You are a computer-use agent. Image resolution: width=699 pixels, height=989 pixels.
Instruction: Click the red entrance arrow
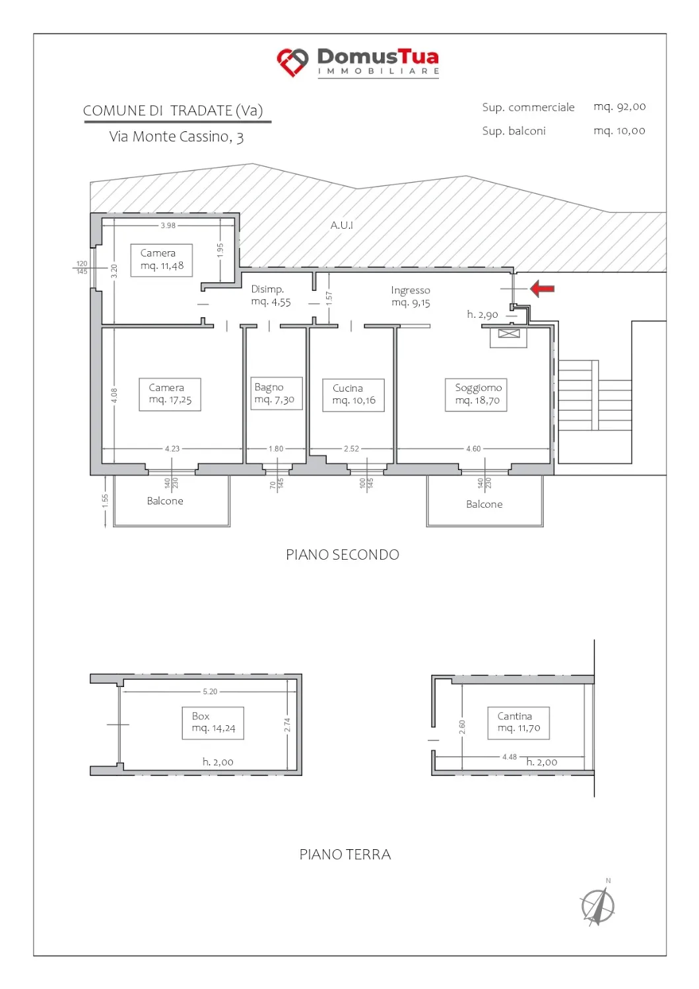tap(542, 289)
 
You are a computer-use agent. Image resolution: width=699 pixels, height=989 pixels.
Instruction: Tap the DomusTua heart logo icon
tap(292, 62)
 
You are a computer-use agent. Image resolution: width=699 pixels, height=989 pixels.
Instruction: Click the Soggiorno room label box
tap(476, 395)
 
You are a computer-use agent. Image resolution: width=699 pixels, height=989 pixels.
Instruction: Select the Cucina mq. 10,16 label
tap(353, 395)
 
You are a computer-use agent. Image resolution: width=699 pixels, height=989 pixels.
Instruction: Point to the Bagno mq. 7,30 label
tap(277, 393)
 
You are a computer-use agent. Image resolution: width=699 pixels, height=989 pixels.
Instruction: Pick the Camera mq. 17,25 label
tap(170, 394)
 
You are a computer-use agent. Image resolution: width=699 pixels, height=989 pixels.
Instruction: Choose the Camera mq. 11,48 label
tap(161, 260)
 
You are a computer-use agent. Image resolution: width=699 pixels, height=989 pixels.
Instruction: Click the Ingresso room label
tap(411, 296)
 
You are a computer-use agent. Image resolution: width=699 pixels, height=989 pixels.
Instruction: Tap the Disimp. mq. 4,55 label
tap(271, 295)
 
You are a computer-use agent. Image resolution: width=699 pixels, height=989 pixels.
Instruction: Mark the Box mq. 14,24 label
tap(213, 723)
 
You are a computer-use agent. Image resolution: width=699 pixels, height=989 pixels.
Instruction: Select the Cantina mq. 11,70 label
tap(518, 723)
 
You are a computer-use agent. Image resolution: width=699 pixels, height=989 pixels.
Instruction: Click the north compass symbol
tap(598, 905)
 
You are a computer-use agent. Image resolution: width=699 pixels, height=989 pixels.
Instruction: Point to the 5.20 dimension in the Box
tap(210, 692)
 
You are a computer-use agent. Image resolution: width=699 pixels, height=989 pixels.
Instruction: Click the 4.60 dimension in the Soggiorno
tap(473, 448)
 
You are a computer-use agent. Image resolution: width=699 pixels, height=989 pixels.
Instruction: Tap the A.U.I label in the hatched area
tap(341, 225)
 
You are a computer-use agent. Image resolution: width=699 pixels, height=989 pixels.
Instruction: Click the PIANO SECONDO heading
tap(342, 554)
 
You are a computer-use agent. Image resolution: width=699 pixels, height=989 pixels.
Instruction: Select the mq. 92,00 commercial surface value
tap(619, 107)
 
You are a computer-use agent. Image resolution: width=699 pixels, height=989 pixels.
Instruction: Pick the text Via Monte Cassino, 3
tap(176, 137)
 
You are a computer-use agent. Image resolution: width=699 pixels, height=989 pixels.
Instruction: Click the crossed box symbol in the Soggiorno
tap(508, 334)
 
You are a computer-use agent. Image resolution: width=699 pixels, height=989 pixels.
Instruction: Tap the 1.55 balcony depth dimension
tap(105, 500)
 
